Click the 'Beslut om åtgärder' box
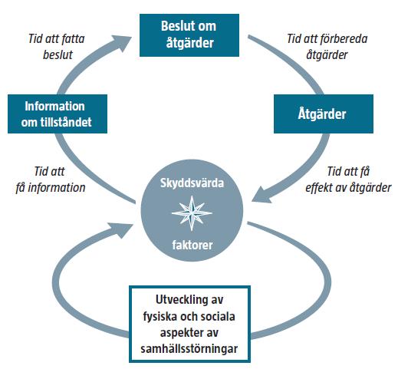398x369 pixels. click(189, 35)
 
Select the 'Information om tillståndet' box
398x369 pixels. click(58, 114)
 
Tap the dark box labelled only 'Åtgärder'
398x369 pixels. click(324, 114)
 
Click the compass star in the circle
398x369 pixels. click(192, 213)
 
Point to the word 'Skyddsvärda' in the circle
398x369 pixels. click(192, 183)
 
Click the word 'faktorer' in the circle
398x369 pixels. click(192, 245)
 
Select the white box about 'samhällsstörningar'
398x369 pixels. click(189, 324)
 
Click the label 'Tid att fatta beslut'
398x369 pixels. click(57, 47)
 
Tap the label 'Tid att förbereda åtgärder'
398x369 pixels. click(327, 47)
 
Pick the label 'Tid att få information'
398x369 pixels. click(51, 180)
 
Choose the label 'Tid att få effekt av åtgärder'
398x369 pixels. click(348, 180)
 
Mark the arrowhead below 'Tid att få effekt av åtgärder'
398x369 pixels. click(261, 195)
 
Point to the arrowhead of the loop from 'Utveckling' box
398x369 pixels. click(122, 229)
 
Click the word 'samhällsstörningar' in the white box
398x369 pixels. click(189, 349)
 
